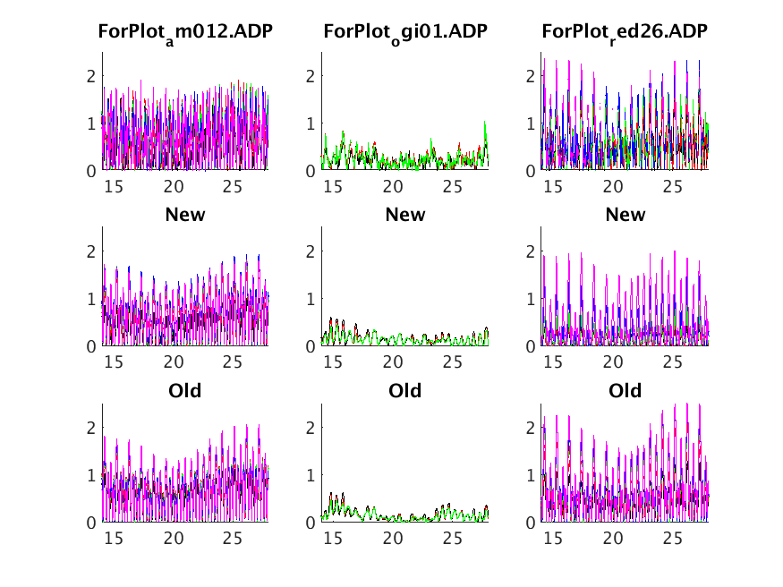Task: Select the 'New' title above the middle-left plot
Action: pos(185,215)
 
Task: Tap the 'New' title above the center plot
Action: pos(405,215)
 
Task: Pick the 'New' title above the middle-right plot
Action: pos(625,215)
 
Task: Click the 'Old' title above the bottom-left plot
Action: pos(185,391)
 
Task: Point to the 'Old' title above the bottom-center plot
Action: pos(405,391)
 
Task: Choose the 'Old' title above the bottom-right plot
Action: pos(625,391)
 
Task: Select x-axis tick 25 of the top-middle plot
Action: pos(453,186)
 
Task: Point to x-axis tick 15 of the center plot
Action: pos(334,362)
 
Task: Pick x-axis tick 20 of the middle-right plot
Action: pos(613,362)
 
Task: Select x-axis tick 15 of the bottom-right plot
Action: pos(553,539)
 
